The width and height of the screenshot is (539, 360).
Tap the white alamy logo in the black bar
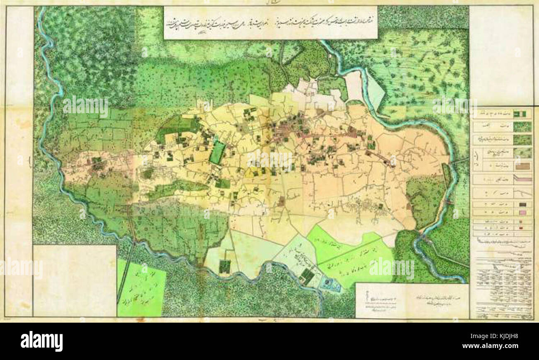41,341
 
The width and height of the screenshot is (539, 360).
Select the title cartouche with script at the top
270,22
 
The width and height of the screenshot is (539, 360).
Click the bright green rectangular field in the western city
217,153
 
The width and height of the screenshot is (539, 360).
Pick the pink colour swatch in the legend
523,213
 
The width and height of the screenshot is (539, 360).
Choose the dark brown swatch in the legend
523,204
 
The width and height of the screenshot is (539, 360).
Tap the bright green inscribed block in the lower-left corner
141,287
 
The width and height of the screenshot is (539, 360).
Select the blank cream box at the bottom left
75,280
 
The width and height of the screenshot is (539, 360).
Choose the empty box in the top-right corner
500,54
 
